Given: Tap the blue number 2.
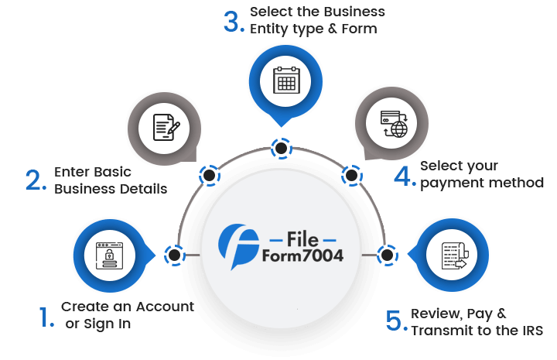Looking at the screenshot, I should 36,180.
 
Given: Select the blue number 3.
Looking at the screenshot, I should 233,21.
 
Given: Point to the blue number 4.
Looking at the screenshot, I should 404,175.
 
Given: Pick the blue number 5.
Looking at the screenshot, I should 395,321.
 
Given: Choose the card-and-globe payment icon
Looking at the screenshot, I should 391,125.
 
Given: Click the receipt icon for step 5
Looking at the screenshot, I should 452,256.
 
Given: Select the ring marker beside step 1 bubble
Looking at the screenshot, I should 174,255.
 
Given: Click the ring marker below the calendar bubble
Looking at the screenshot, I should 279,147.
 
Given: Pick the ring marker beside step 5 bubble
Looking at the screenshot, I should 386,254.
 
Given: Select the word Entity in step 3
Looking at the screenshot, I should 268,29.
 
